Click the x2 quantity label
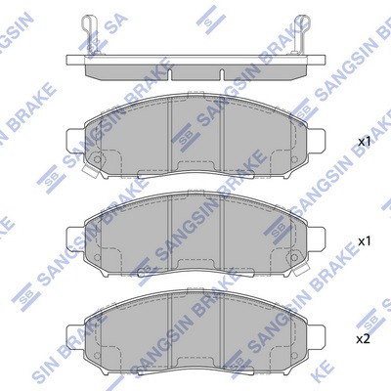pos(363,339)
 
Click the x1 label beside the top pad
pos(365,142)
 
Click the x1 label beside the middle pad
pos(365,241)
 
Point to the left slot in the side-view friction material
pos(170,74)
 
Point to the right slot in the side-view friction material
pos(222,74)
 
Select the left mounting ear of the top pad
pos(75,142)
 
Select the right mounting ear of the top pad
pos(316,142)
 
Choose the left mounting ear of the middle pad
pos(75,239)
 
